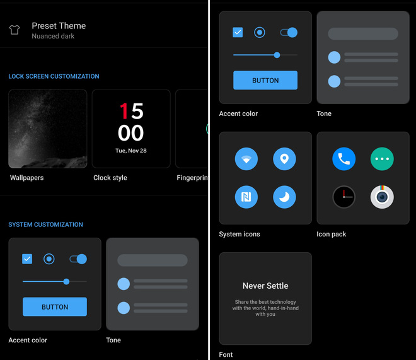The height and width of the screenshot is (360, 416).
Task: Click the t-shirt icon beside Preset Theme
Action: pyautogui.click(x=14, y=30)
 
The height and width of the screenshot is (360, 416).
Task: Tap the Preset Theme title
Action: pyautogui.click(x=59, y=26)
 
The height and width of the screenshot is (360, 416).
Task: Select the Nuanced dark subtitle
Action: pyautogui.click(x=53, y=36)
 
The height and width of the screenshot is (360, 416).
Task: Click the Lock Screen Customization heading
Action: pyautogui.click(x=54, y=76)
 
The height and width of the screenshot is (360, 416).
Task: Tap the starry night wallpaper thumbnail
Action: pyautogui.click(x=48, y=129)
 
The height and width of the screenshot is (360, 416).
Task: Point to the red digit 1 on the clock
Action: pyautogui.click(x=124, y=111)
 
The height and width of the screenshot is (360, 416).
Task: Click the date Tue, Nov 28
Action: pyautogui.click(x=131, y=151)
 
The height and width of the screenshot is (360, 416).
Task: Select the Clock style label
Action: pyautogui.click(x=110, y=178)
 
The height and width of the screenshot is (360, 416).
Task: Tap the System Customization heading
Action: pyautogui.click(x=45, y=224)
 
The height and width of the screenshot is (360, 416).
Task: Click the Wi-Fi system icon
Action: pyautogui.click(x=246, y=159)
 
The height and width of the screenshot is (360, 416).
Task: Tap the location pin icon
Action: pyautogui.click(x=284, y=159)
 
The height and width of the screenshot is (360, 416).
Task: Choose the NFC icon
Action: pyautogui.click(x=246, y=197)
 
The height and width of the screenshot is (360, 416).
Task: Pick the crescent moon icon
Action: pyautogui.click(x=284, y=197)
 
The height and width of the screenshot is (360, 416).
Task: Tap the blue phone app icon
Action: pyautogui.click(x=344, y=159)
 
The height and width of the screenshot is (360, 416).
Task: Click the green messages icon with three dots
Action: pyautogui.click(x=382, y=159)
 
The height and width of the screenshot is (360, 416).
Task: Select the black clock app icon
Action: pyautogui.click(x=344, y=197)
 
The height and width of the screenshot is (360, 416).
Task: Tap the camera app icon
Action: pyautogui.click(x=382, y=197)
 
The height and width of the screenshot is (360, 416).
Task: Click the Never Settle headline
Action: pyautogui.click(x=265, y=286)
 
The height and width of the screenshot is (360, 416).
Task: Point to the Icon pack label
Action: pyautogui.click(x=332, y=235)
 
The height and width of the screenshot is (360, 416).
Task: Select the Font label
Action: pyautogui.click(x=226, y=355)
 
